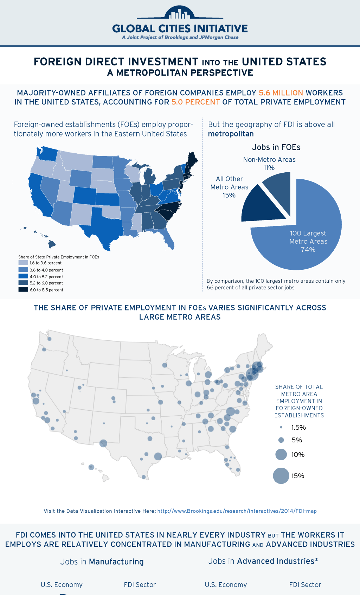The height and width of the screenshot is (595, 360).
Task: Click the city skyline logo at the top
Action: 180,13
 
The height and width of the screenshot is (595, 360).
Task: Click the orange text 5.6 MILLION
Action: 281,93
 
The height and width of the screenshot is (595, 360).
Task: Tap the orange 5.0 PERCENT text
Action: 195,102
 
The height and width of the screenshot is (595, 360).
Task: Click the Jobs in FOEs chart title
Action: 276,147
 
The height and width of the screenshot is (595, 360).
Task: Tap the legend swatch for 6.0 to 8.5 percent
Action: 23,289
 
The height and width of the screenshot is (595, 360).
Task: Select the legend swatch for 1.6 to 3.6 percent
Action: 23,263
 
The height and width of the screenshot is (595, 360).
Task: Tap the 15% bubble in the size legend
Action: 281,476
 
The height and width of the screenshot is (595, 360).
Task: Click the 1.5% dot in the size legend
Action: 281,427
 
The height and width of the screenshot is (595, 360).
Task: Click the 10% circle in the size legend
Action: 281,454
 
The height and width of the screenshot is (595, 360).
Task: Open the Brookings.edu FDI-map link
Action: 237,511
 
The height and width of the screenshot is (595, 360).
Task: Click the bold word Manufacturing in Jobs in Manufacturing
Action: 116,562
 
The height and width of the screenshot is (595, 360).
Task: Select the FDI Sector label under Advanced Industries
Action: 305,585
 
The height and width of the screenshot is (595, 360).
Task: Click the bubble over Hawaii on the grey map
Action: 91,467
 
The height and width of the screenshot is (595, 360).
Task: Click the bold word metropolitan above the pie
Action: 231,134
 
